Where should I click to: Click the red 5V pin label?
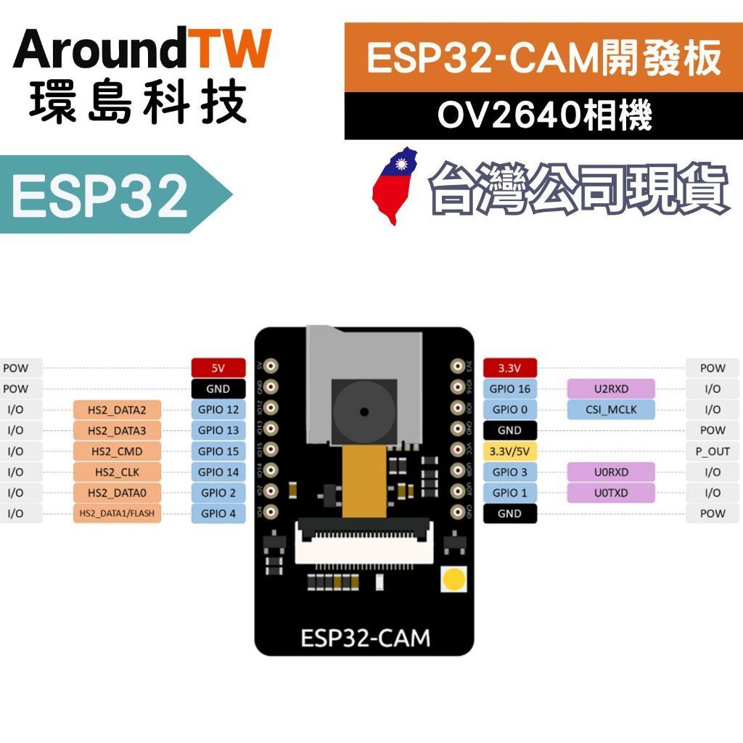(x=218, y=368)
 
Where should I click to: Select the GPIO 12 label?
(x=218, y=409)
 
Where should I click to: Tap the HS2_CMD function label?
(x=117, y=451)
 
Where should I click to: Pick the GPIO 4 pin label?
(x=218, y=514)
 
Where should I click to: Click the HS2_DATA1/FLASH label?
(x=117, y=514)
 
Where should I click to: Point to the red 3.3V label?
(x=509, y=368)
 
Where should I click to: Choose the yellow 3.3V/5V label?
(x=509, y=451)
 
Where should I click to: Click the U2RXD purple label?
(x=611, y=389)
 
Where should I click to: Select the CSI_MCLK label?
(x=611, y=409)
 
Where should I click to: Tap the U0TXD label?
(x=611, y=493)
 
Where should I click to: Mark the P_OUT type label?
(x=713, y=451)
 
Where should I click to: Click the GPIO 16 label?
(x=509, y=389)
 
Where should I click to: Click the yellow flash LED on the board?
(x=454, y=579)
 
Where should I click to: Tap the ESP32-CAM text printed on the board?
(x=365, y=638)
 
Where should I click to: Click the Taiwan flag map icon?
(x=395, y=186)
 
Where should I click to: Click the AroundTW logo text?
(x=142, y=49)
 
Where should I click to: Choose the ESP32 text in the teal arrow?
(x=100, y=195)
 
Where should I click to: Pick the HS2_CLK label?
(x=117, y=472)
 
